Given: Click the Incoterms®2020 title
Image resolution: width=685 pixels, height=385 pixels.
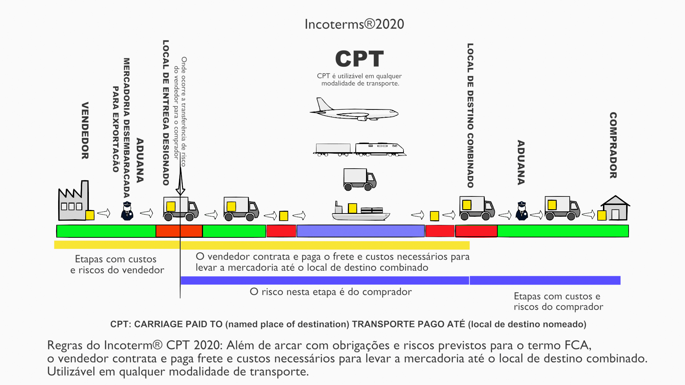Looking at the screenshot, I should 354,24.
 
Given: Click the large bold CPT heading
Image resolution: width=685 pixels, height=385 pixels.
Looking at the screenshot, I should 359,59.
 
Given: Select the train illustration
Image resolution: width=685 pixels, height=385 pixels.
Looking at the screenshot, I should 360,149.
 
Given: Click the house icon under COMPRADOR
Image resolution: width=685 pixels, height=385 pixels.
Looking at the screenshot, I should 615,209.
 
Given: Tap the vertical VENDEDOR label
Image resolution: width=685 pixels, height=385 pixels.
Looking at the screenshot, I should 85,130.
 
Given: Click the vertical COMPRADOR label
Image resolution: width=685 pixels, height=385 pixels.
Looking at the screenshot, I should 613,145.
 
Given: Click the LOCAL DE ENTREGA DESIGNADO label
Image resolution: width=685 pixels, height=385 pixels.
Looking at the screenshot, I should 166,113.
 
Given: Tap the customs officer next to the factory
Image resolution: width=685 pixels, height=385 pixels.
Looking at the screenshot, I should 127,211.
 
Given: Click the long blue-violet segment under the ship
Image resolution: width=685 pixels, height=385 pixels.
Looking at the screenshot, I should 360,231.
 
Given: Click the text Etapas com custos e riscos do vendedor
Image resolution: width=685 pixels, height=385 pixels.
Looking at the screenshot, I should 117,264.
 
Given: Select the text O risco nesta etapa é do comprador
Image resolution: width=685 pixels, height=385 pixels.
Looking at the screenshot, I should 331,292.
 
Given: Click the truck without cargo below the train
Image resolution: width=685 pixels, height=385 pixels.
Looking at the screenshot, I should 360,179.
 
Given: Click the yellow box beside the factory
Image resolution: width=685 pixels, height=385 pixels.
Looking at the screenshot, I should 90,215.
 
